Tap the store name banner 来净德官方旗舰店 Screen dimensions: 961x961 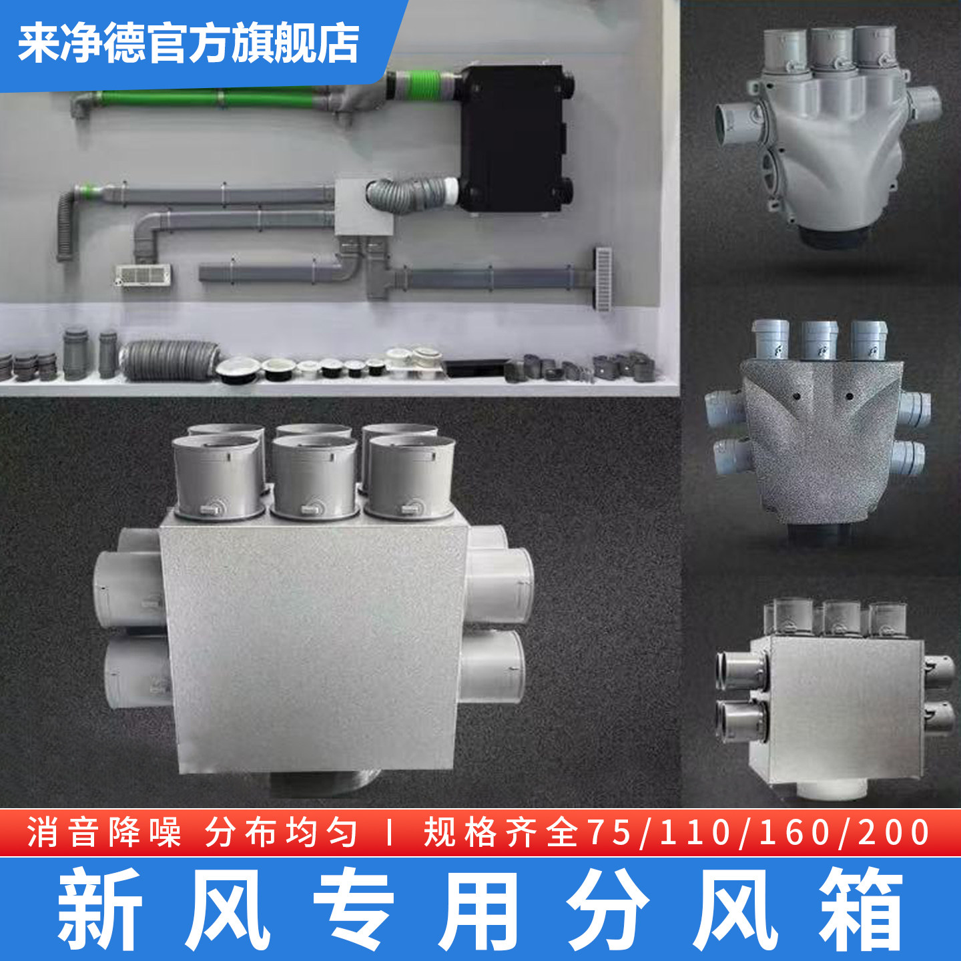(189, 43)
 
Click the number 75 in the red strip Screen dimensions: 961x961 (609, 833)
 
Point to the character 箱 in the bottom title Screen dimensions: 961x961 (861, 909)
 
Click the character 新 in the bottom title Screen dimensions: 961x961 (100, 909)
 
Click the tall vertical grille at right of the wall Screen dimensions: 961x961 (603, 278)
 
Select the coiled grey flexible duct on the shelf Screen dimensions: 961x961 (170, 360)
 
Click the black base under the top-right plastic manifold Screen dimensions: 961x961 (838, 236)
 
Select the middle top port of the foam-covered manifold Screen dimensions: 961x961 (820, 340)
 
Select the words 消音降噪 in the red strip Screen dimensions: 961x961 (104, 833)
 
